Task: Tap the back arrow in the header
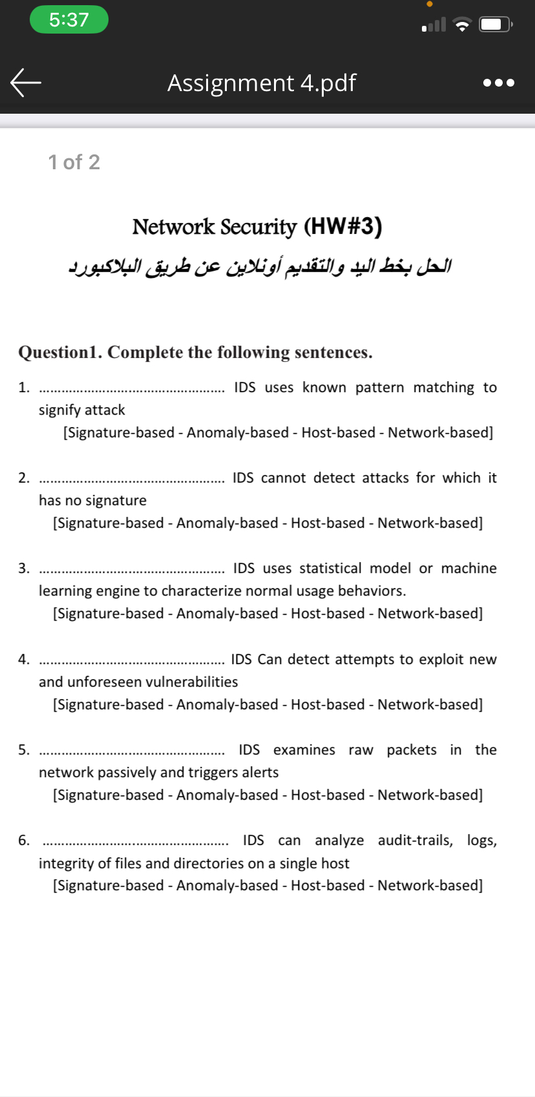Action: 26,83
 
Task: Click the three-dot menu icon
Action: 499,83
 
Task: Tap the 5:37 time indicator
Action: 69,19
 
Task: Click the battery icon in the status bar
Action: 495,25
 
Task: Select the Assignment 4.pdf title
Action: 262,83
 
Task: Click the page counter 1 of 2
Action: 74,162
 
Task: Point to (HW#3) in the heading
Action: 342,226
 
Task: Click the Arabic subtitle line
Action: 260,266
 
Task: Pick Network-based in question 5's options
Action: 429,795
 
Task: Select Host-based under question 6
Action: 328,886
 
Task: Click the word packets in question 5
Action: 412,750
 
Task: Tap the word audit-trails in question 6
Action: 415,841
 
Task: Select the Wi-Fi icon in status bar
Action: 462,25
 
